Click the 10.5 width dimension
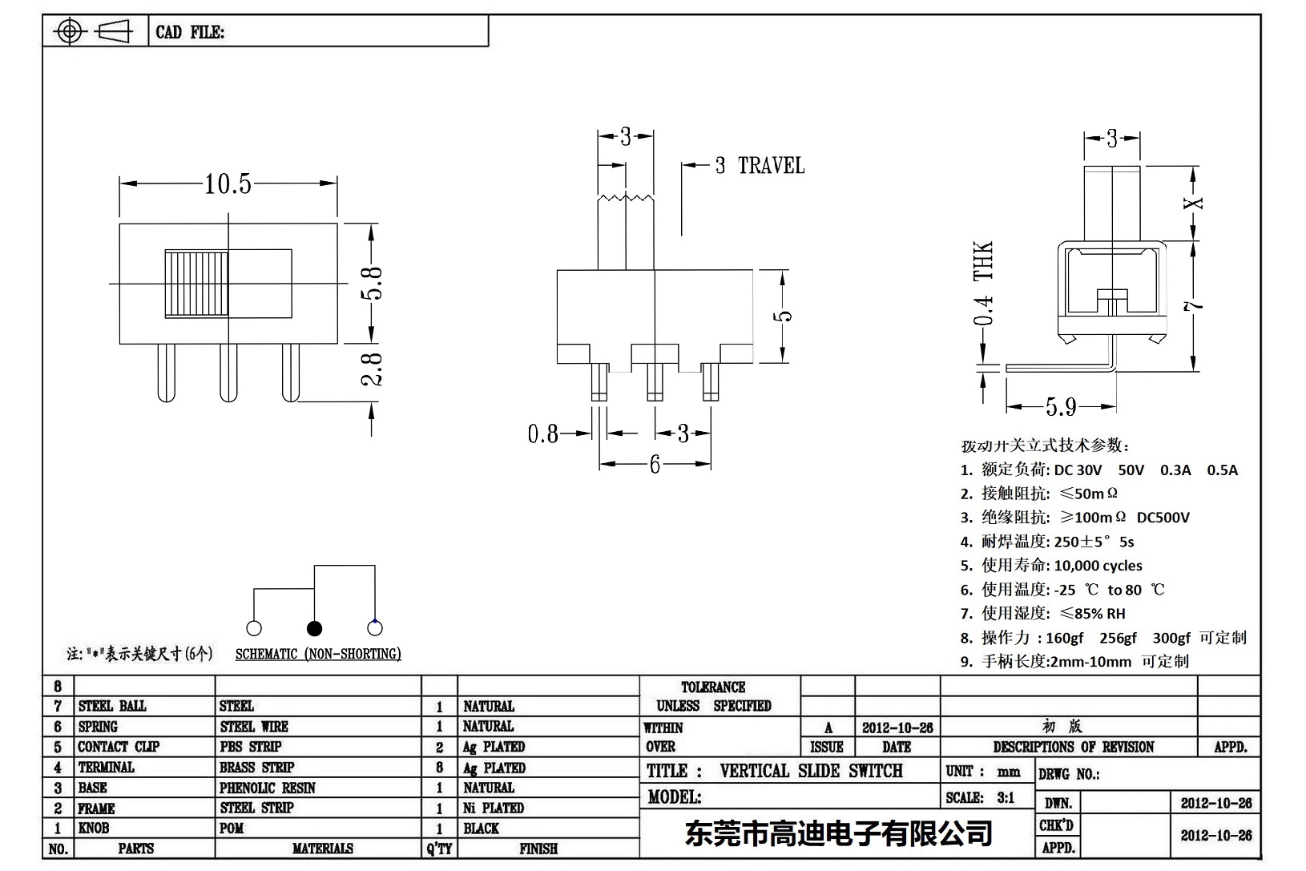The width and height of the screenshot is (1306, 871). [x=228, y=184]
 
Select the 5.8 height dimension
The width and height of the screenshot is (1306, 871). [x=372, y=282]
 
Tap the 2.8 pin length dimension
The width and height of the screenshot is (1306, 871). [x=372, y=369]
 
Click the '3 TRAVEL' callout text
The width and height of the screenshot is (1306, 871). [x=759, y=166]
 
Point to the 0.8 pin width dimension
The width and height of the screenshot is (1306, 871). [x=542, y=433]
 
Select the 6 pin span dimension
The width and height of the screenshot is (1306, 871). [x=655, y=464]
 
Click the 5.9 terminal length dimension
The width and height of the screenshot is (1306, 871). [x=1060, y=407]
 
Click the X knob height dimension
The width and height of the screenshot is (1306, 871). [x=1194, y=203]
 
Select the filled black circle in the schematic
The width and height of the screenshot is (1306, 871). [x=315, y=627]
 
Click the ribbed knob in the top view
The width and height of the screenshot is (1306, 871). [x=197, y=284]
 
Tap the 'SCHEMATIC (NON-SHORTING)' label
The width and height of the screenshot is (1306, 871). [x=318, y=654]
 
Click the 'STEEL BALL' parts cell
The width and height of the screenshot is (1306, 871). [x=112, y=706]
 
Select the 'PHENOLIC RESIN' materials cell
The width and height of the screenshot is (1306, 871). [x=268, y=788]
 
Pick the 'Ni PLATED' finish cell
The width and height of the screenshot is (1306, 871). [x=493, y=808]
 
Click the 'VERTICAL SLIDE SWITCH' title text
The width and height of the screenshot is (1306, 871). [x=811, y=771]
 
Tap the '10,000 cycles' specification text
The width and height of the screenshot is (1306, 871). [x=1098, y=566]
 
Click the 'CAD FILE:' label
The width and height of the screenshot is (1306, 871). [x=190, y=32]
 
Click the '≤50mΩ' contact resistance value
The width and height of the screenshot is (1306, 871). [x=1089, y=494]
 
